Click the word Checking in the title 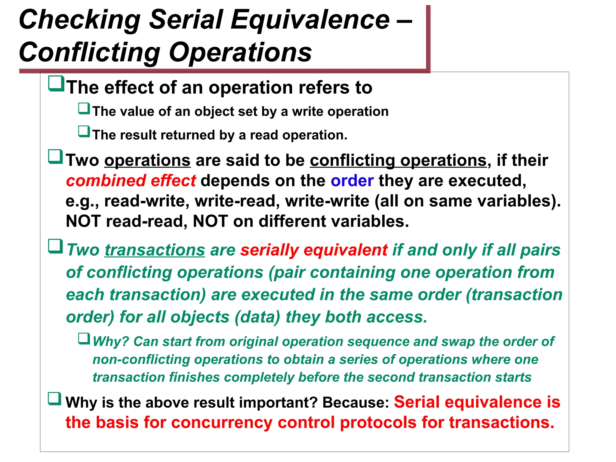pyautogui.click(x=80, y=20)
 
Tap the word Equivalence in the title pyautogui.click(x=310, y=20)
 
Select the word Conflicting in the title pyautogui.click(x=90, y=53)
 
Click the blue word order pyautogui.click(x=352, y=181)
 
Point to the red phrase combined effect pyautogui.click(x=131, y=181)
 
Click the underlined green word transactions pyautogui.click(x=155, y=250)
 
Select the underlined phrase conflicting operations pyautogui.click(x=398, y=160)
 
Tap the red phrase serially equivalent pyautogui.click(x=314, y=250)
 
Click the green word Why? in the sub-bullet pyautogui.click(x=111, y=342)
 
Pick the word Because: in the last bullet pyautogui.click(x=356, y=402)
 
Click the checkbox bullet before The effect pyautogui.click(x=56, y=84)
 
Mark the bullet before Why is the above pyautogui.click(x=55, y=399)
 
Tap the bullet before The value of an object pyautogui.click(x=84, y=109)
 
